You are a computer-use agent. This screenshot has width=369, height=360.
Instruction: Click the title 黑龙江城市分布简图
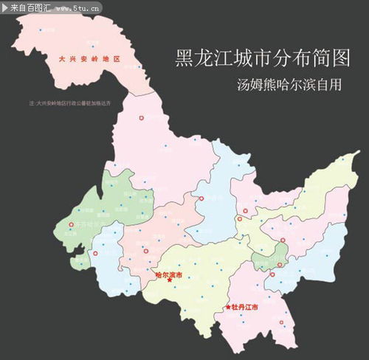pos(252,57)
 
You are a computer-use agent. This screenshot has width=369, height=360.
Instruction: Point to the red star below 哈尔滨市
pos(170,280)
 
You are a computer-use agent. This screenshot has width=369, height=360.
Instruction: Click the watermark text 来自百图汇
pos(30,7)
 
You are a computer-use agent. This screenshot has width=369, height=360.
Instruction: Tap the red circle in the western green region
pos(72,224)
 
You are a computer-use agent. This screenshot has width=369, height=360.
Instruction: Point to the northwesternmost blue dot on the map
pos(41,30)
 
